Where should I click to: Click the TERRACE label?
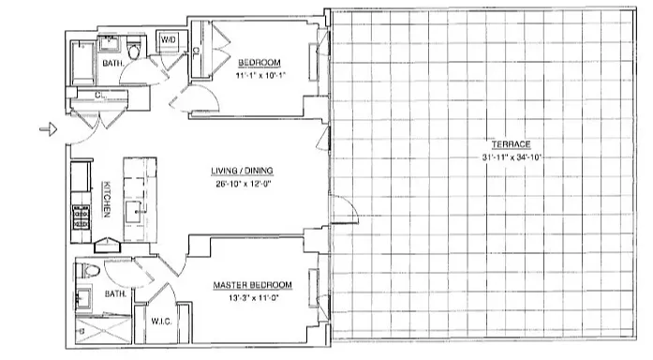pyautogui.click(x=514, y=144)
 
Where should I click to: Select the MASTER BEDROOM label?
pyautogui.click(x=251, y=285)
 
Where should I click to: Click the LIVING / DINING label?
pyautogui.click(x=234, y=172)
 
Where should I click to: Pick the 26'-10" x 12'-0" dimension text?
pyautogui.click(x=234, y=184)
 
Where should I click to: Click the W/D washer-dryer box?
pyautogui.click(x=170, y=40)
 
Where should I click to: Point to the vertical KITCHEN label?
pyautogui.click(x=107, y=200)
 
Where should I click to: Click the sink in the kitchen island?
pyautogui.click(x=141, y=208)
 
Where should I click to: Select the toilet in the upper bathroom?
pyautogui.click(x=134, y=52)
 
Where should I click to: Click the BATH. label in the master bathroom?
pyautogui.click(x=115, y=293)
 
